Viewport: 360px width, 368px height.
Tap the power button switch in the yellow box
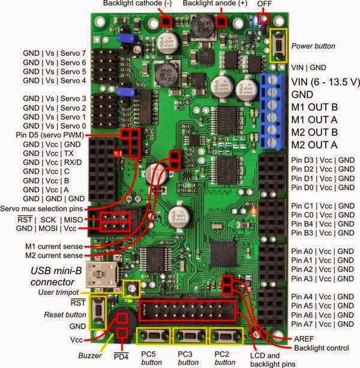278,45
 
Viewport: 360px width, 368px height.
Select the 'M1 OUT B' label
314,107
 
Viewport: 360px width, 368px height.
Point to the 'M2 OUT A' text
314,144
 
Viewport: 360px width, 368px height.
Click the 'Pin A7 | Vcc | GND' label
322,324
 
